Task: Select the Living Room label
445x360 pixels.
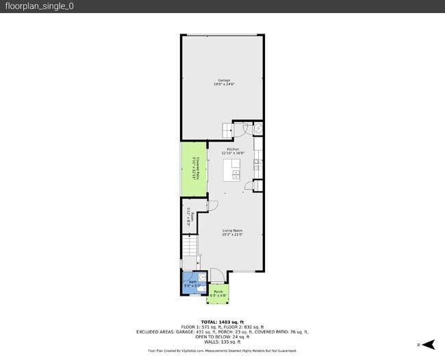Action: click(233, 232)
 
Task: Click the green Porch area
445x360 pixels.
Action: click(218, 294)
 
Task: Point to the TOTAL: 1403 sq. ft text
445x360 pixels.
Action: click(222, 322)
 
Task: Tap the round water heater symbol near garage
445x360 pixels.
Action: click(259, 129)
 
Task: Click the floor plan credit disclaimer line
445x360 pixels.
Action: click(222, 350)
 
